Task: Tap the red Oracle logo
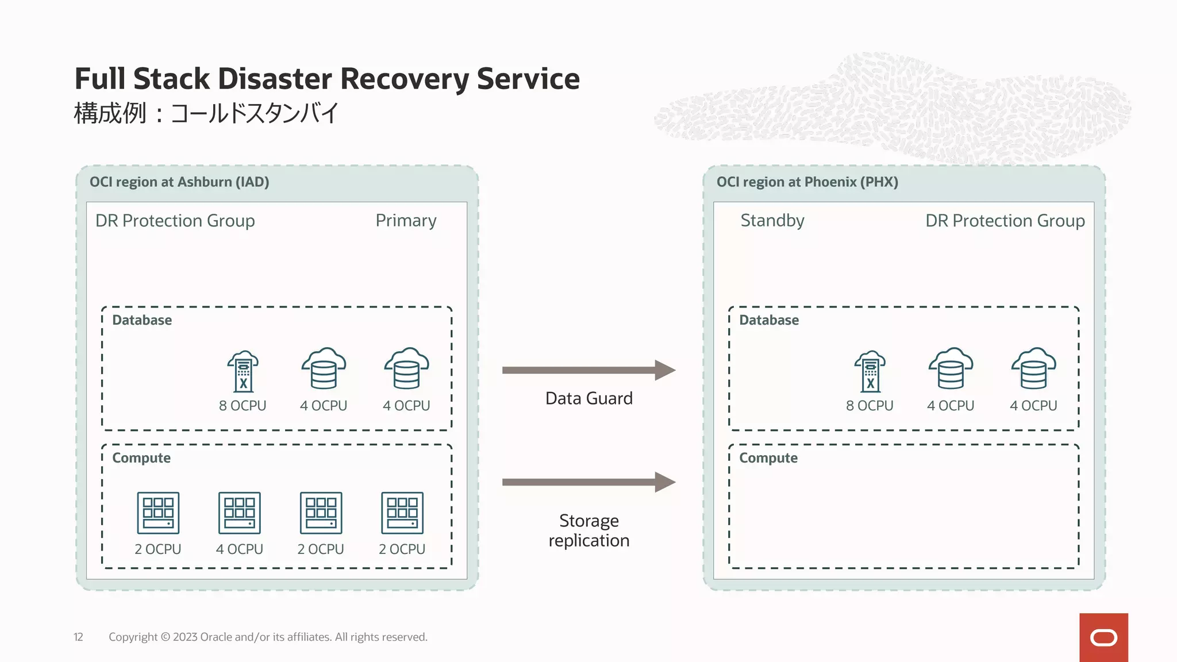click(x=1103, y=637)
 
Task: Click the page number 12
click(x=78, y=637)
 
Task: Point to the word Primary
click(x=406, y=221)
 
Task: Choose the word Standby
click(x=772, y=221)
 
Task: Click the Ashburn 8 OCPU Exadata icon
click(x=243, y=371)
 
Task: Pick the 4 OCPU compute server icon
click(x=239, y=513)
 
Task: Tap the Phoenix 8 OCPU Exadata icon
click(x=870, y=371)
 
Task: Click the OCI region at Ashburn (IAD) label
click(x=179, y=182)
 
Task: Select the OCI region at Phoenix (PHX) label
click(x=807, y=182)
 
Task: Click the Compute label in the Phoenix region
click(x=768, y=458)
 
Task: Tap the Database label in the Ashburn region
click(x=142, y=320)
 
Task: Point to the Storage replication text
click(x=588, y=530)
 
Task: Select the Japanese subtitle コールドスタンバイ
click(x=255, y=113)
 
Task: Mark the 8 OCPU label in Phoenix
click(x=869, y=406)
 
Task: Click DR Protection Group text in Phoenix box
click(x=1005, y=221)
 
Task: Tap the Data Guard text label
click(x=588, y=398)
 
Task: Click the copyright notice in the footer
click(x=268, y=637)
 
